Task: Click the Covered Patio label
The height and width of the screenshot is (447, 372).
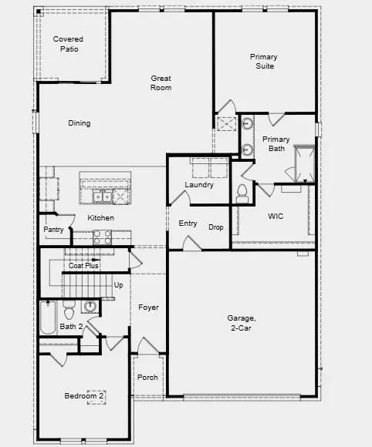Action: [68, 44]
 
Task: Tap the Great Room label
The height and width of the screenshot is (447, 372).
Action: [161, 82]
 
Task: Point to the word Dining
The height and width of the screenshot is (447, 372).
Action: [79, 123]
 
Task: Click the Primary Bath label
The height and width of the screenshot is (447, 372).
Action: [276, 144]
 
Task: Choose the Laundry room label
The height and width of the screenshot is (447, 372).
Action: [199, 185]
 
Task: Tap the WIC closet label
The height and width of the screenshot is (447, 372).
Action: [276, 217]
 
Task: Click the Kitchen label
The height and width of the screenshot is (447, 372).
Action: [100, 218]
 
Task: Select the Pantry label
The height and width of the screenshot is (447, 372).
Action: [53, 230]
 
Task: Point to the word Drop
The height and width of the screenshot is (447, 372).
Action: [216, 227]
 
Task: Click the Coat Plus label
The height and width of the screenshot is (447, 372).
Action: [83, 266]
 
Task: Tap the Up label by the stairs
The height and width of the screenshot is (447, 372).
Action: [119, 285]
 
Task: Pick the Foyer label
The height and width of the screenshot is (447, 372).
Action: [148, 308]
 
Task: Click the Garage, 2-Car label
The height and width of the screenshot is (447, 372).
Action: [242, 323]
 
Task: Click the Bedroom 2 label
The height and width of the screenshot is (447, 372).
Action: [84, 396]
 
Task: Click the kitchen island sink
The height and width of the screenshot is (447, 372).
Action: [102, 197]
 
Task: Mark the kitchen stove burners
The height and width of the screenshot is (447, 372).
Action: [103, 237]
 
